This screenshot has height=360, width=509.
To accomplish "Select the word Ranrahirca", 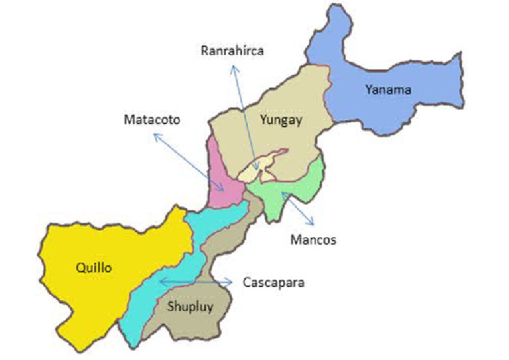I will coord(232,50).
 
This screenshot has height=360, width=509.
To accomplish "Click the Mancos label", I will coord(313,239).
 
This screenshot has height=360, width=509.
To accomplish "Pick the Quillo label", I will coord(93,268).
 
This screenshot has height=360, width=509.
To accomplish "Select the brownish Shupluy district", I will coord(199,312).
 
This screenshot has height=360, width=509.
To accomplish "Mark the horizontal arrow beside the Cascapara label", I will coord(196,282).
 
